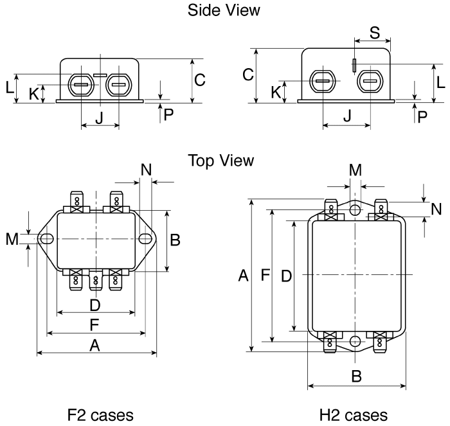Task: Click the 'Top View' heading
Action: click(221, 159)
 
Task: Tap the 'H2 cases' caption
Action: click(354, 414)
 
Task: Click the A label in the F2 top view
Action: click(94, 345)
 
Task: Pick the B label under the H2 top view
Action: click(356, 377)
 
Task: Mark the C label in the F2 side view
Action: click(200, 80)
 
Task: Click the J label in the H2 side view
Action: click(347, 116)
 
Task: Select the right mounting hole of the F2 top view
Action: click(147, 238)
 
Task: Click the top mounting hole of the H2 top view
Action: click(355, 209)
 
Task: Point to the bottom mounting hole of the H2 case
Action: click(355, 341)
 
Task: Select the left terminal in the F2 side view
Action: click(81, 84)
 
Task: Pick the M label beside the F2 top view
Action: click(12, 239)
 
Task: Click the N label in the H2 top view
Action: click(437, 209)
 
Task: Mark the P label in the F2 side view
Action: click(168, 114)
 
